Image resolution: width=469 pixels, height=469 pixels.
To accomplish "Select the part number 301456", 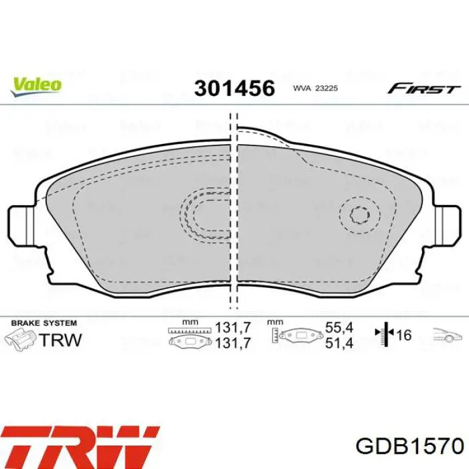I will (x=234, y=88).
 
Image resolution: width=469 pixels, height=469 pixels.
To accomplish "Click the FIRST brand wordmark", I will (x=424, y=88).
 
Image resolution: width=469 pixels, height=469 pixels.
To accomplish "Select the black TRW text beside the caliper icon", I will (x=61, y=339).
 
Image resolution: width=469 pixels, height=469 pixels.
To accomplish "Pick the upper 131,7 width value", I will (x=234, y=328).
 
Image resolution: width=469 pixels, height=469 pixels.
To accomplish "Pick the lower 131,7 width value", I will (x=234, y=342).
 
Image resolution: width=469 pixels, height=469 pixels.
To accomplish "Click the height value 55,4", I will (x=338, y=328).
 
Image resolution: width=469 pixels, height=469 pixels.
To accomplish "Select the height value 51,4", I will (x=338, y=342).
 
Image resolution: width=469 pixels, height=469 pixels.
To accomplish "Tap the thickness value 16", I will (x=403, y=335).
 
